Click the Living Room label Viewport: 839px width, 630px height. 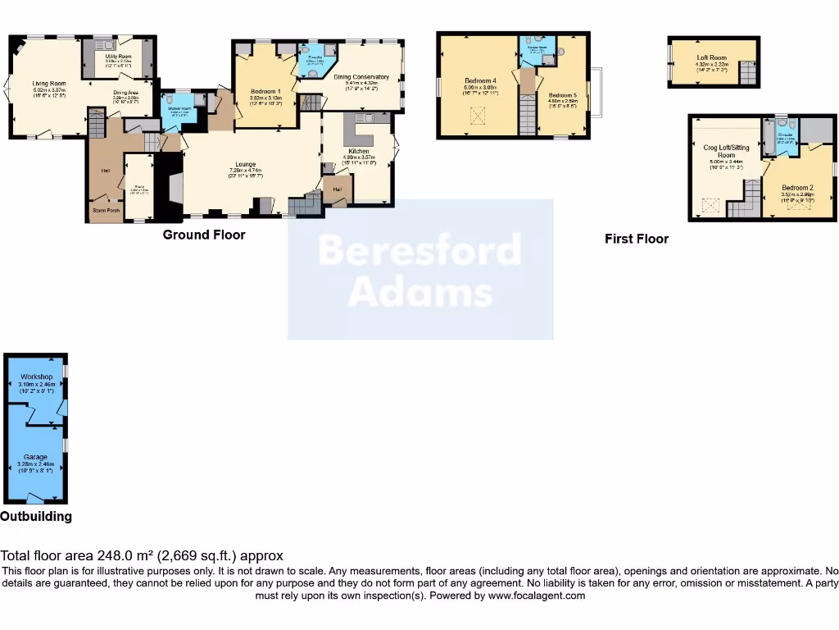pos(49,83)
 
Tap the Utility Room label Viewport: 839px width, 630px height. pos(118,56)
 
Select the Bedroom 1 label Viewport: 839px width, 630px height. pos(265,91)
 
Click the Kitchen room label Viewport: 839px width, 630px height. pos(358,151)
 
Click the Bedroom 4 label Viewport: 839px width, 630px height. pos(480,80)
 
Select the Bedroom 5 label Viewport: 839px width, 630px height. pos(563,95)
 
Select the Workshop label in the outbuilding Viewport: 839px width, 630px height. pos(36,377)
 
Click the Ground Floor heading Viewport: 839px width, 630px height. pos(204,235)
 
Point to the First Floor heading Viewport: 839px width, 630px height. pos(637,239)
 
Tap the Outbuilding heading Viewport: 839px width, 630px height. pos(36,517)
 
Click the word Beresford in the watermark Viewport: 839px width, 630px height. pos(419,249)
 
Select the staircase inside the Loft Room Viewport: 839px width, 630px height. pos(747,74)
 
